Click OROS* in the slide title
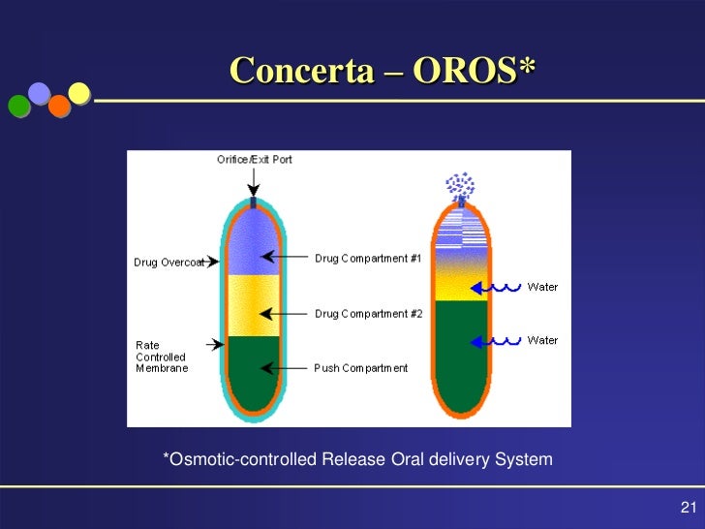click(474, 70)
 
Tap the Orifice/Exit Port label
click(253, 160)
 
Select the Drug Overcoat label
click(169, 263)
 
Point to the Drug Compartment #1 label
click(368, 258)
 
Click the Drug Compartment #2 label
click(368, 314)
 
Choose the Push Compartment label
click(361, 368)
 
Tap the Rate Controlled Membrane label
click(162, 357)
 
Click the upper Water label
click(542, 287)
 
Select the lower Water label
click(542, 340)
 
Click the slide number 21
click(690, 509)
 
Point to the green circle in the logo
click(19, 107)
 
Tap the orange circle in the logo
click(59, 106)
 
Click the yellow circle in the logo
click(79, 93)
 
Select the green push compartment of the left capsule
click(253, 372)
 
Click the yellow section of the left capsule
click(253, 305)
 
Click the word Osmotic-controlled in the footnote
click(240, 459)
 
